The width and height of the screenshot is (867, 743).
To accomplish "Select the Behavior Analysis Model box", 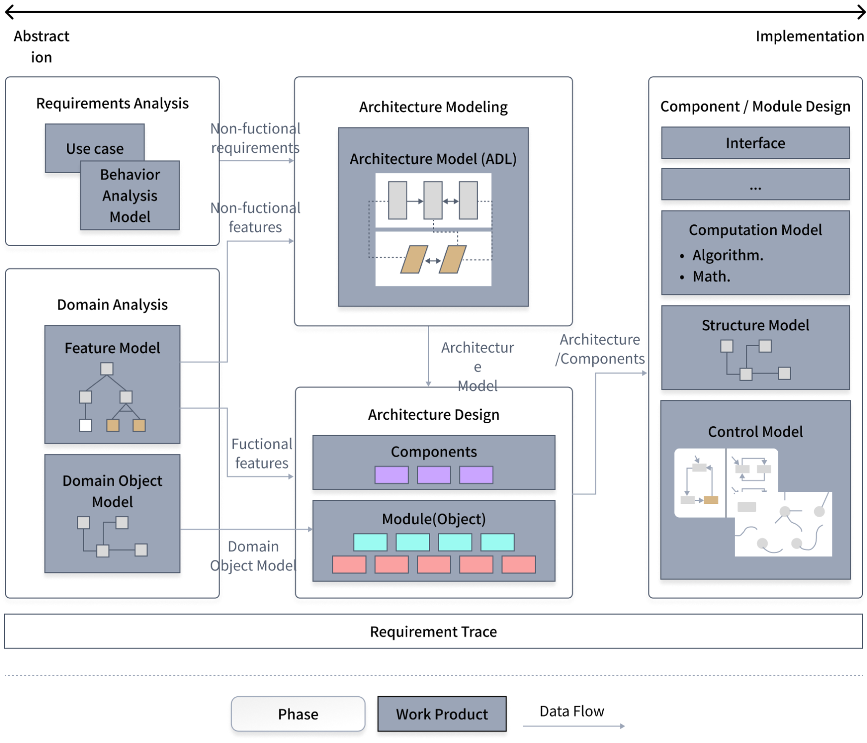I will [x=130, y=196].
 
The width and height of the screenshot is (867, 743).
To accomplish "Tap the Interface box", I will [x=755, y=143].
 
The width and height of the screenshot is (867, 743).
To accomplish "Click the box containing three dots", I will [x=755, y=186].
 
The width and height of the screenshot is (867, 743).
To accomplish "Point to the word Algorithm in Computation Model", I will [x=728, y=255].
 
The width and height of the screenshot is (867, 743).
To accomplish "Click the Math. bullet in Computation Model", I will [x=711, y=277].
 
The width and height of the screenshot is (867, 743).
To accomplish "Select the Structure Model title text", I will [x=755, y=325].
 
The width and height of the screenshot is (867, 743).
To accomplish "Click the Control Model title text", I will [x=755, y=432].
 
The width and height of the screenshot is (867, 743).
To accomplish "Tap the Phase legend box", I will [x=298, y=714].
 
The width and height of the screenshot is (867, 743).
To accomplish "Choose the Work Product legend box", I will [x=442, y=714].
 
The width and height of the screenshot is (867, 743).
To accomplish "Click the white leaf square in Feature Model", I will [x=86, y=425].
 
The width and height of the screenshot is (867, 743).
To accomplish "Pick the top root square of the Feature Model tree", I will [x=106, y=368].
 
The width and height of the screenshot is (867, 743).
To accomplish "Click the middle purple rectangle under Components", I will [x=433, y=475].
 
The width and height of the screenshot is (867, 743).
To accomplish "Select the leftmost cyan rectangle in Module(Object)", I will [x=370, y=542].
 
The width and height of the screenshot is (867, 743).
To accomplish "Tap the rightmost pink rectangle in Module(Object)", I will [x=518, y=564].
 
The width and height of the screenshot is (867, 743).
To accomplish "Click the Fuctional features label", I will [x=262, y=454].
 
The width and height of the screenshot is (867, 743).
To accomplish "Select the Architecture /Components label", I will [x=600, y=349].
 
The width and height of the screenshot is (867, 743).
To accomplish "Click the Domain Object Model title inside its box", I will [x=113, y=491].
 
